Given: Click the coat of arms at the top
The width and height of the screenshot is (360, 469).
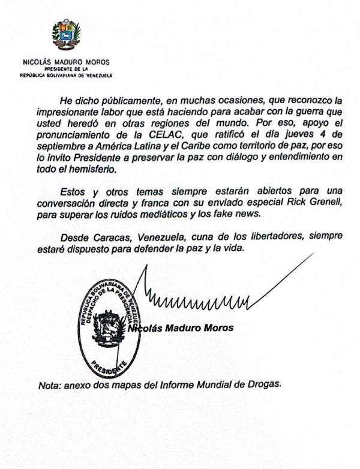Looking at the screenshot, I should [x=65, y=36].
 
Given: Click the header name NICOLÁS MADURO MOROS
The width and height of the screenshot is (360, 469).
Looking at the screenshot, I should [x=66, y=62].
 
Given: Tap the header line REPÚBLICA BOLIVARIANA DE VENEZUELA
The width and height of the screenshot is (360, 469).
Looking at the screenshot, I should [x=66, y=76].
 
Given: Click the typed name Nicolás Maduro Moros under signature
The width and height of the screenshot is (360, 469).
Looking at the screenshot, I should [x=181, y=328].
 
